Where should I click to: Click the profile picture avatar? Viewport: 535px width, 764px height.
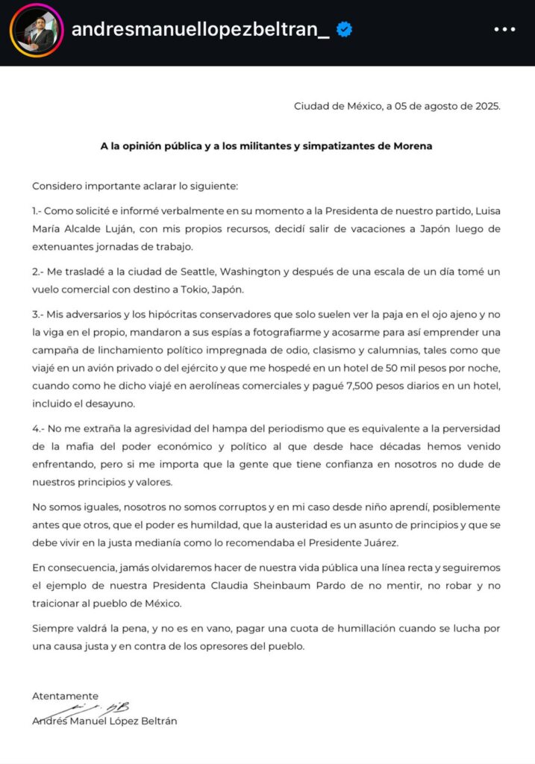37,31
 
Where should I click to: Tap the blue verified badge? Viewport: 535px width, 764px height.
344,30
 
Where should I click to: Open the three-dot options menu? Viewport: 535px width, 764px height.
504,30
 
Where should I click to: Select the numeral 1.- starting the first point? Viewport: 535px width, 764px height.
40,210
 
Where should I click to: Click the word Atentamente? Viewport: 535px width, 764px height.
65,695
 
